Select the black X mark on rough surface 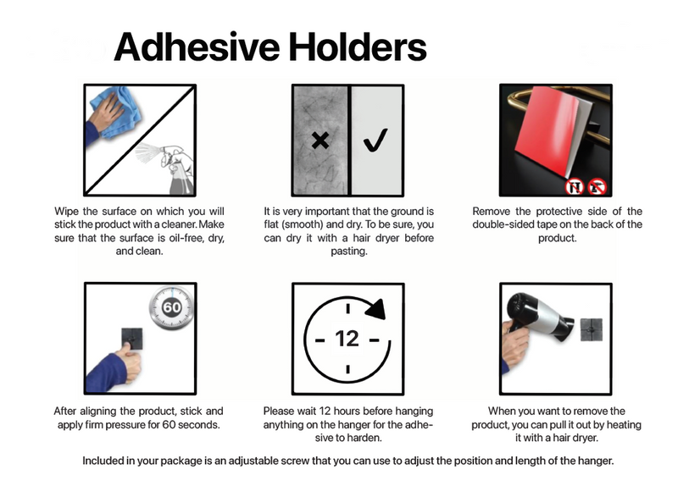coord(320,141)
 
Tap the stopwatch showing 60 coord(171,307)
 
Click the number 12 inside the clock coord(347,339)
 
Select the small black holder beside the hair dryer coord(592,329)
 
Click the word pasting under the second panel coord(350,251)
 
